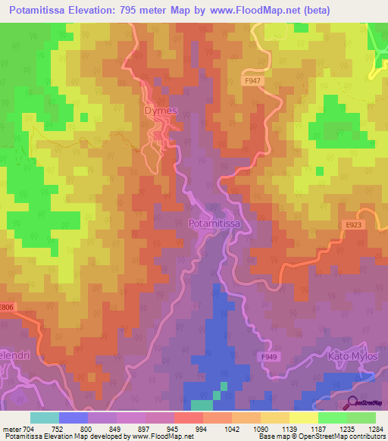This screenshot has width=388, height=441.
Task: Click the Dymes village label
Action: (x=161, y=111)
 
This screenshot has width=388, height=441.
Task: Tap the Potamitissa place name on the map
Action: (x=214, y=224)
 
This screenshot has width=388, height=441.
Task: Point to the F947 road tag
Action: (x=252, y=80)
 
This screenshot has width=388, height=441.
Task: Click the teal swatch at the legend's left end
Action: (x=44, y=417)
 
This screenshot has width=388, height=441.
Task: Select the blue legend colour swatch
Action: (x=74, y=417)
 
